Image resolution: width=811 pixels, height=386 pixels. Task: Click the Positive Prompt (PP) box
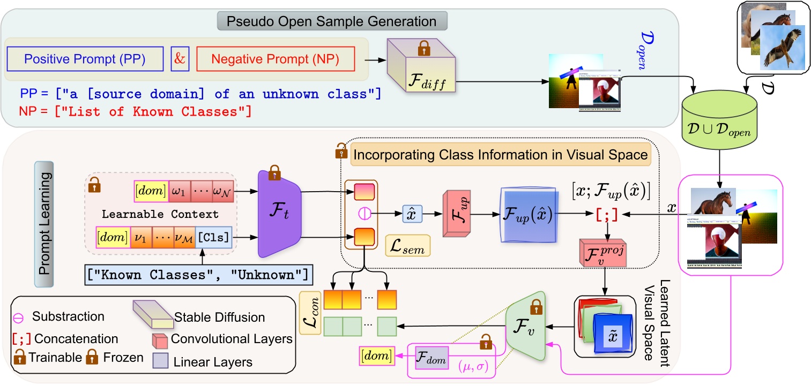click(85, 59)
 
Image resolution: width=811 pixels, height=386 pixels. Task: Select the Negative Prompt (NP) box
click(275, 59)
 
